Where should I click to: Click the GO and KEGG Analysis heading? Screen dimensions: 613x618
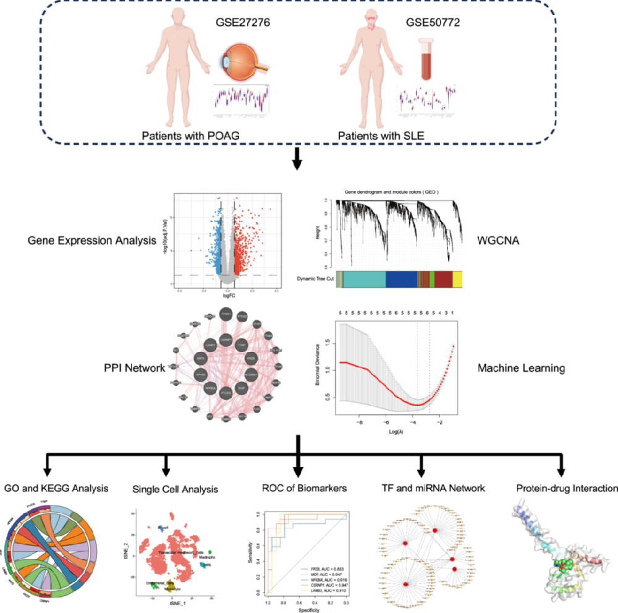tap(55, 488)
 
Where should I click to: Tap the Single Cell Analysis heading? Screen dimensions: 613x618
tap(175, 489)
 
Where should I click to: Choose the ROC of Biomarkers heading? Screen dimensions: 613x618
tap(303, 488)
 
